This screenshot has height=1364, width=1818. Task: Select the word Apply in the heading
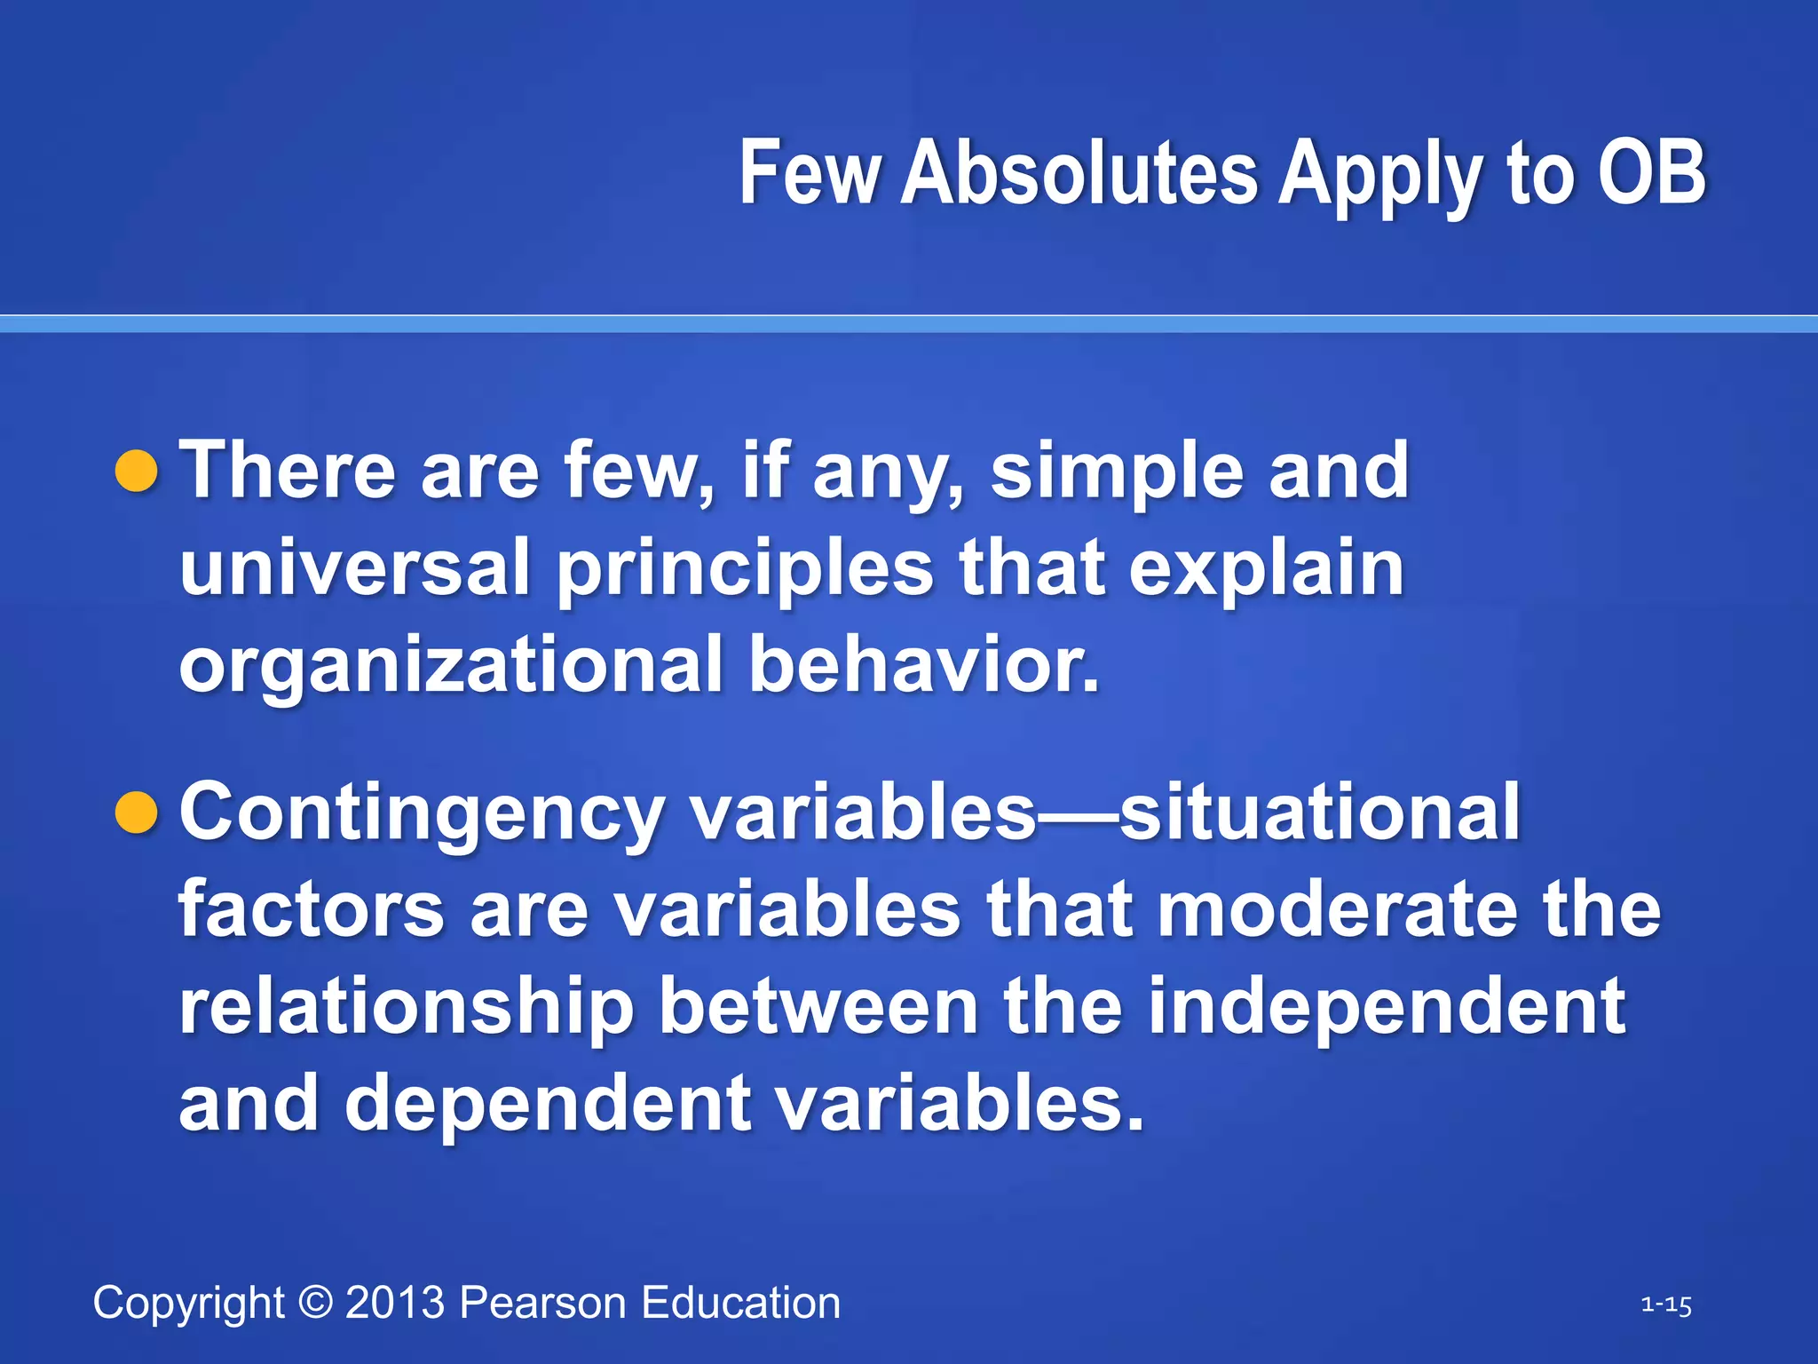pos(1379,178)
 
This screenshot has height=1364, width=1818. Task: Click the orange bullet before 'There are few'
pos(137,471)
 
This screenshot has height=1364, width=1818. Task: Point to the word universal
pos(354,567)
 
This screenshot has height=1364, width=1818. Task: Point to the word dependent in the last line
pos(549,1104)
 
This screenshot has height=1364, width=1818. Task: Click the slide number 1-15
pos(1665,1305)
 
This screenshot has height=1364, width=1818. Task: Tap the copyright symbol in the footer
pos(315,1303)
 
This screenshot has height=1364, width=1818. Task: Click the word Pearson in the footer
pos(542,1303)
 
